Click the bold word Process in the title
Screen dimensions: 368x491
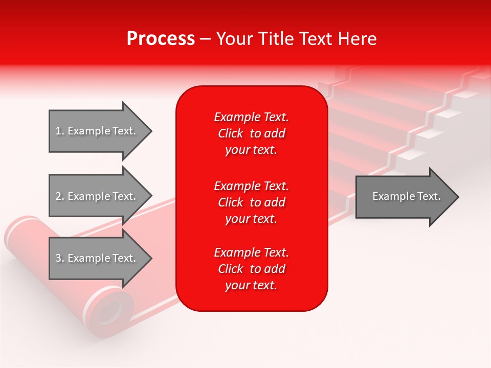tap(161, 39)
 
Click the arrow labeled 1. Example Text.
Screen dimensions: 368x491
tap(97, 131)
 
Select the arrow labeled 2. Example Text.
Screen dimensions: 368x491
tap(97, 196)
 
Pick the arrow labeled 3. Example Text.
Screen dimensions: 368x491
tap(97, 258)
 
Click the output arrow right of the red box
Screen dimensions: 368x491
tap(404, 197)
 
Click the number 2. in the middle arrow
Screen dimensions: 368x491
tap(60, 196)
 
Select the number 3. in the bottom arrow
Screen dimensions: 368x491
tap(60, 258)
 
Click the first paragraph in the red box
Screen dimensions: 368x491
tap(251, 133)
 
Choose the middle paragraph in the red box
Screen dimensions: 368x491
tap(251, 202)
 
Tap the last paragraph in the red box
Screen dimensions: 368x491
tap(251, 269)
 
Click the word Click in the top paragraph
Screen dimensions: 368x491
tap(231, 133)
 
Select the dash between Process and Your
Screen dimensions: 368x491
tap(205, 39)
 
